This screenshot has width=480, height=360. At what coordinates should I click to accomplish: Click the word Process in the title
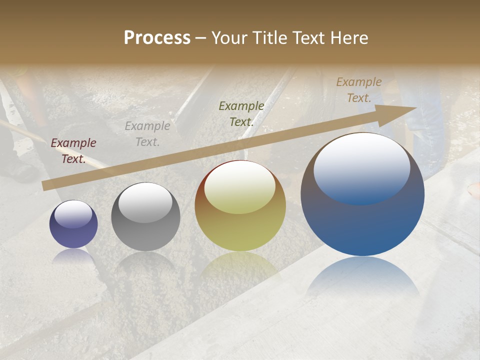point(157,38)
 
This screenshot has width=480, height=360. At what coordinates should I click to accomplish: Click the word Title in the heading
point(268,38)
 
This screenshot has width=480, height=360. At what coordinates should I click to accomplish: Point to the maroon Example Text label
point(73,151)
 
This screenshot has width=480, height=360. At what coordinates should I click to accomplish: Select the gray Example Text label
point(147,134)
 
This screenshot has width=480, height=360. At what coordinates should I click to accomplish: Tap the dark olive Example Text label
point(241,113)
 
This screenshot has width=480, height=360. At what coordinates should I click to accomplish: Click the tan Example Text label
point(359,90)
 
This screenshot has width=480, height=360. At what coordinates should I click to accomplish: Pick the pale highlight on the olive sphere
point(240,188)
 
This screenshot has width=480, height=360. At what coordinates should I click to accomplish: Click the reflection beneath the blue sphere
point(363,277)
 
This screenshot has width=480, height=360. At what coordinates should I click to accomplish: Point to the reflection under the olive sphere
point(240,267)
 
